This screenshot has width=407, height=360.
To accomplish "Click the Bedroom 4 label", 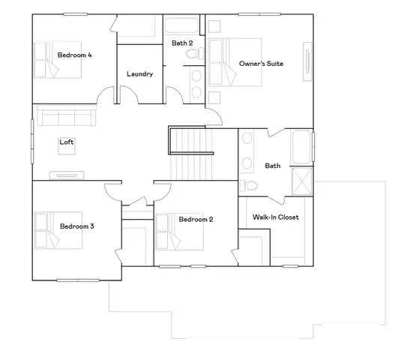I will coord(74,54).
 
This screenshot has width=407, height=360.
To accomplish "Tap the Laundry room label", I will coord(140,74).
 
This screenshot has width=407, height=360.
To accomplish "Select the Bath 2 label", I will coord(183,43).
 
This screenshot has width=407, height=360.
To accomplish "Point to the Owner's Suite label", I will coord(261,64).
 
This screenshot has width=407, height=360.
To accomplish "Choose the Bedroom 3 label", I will coord(77,226).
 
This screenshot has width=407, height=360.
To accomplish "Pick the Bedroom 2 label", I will coord(196,219).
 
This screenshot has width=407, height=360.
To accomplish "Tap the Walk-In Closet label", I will coord(276,217).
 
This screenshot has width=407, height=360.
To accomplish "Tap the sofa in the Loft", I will coord(66,117).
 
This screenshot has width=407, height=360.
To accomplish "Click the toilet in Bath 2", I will coord(194,55).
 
